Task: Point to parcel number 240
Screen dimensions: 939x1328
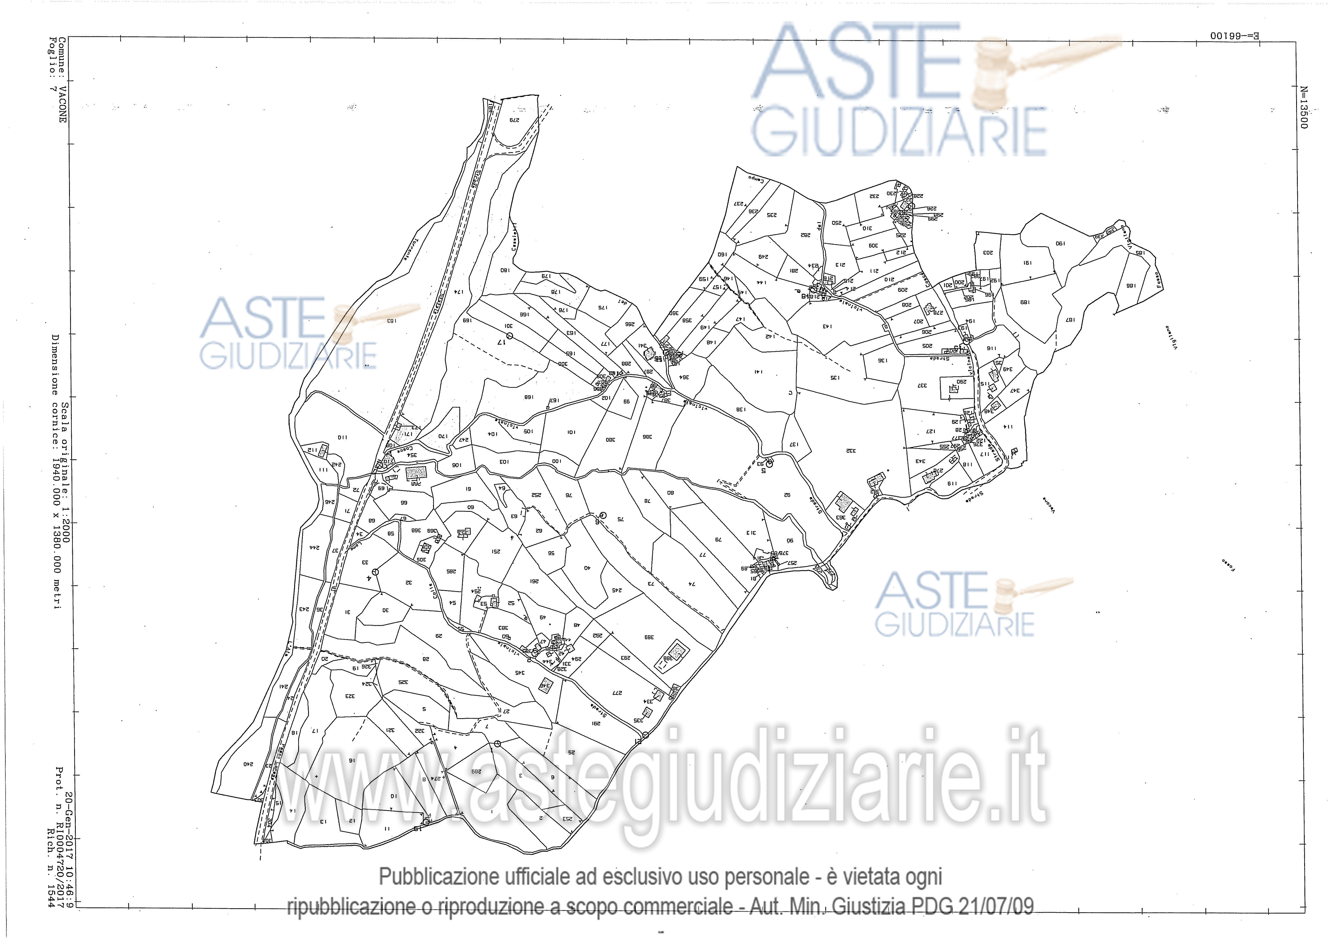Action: [248, 764]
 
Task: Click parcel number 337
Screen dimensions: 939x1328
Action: [922, 385]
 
